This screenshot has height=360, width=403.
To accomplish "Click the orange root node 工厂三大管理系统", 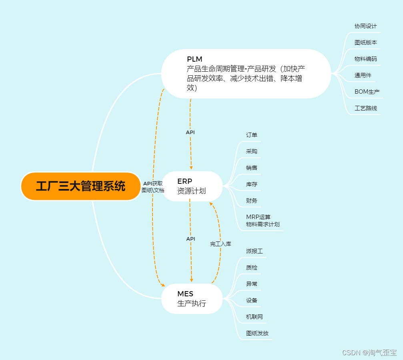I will point(80,186).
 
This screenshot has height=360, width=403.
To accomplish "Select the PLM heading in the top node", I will point(194,59).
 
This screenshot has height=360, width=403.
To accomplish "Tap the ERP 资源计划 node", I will point(192,186).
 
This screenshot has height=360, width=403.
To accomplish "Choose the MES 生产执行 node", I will point(192,299).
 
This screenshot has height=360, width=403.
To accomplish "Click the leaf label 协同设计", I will point(365,26).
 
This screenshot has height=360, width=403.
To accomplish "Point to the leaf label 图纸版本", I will point(365,42).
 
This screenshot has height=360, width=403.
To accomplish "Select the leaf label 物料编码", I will point(365,59).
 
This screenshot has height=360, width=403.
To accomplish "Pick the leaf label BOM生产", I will point(367,92).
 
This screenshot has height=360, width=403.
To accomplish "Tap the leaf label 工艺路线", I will point(365,108).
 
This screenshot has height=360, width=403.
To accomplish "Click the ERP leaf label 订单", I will point(252,135).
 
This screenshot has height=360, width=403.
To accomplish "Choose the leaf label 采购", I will point(252,151).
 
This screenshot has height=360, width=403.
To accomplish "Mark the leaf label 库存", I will point(252,185).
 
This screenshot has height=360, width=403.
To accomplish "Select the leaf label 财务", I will point(252,201).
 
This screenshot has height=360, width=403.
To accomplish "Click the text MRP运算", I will point(258,217).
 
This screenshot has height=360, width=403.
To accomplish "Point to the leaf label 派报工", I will point(254,251).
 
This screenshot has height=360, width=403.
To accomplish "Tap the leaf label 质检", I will point(252,267).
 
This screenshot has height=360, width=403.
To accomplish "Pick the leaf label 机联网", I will point(254,317).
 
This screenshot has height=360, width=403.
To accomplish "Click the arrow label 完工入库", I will point(221,243).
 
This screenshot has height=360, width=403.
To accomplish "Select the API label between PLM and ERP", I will point(190,132).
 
